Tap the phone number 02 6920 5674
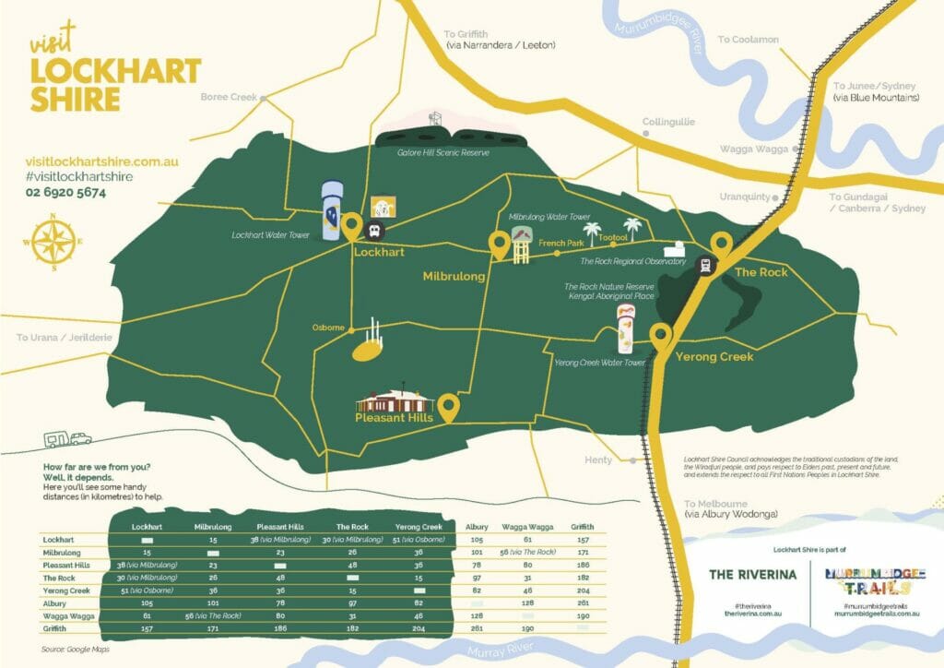tap(65, 193)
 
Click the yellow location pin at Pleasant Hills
tap(449, 407)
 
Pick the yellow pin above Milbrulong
tap(499, 245)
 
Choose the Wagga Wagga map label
tap(753, 149)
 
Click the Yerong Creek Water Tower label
tap(599, 363)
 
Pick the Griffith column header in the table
tap(582, 526)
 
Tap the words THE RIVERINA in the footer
tap(752, 574)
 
